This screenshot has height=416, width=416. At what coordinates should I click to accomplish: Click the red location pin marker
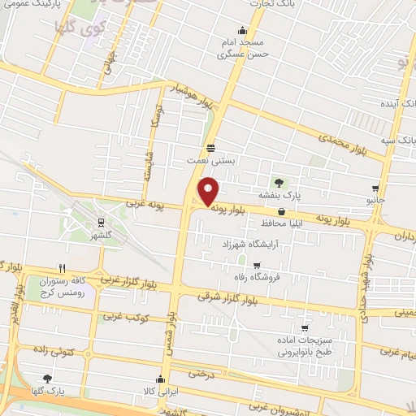[208, 192]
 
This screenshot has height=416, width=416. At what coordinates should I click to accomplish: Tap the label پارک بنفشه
[280, 196]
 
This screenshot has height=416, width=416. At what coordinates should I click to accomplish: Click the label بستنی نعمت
[210, 161]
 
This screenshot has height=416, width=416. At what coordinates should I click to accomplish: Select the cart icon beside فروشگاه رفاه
[258, 265]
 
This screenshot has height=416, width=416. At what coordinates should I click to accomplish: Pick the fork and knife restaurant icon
[62, 268]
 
